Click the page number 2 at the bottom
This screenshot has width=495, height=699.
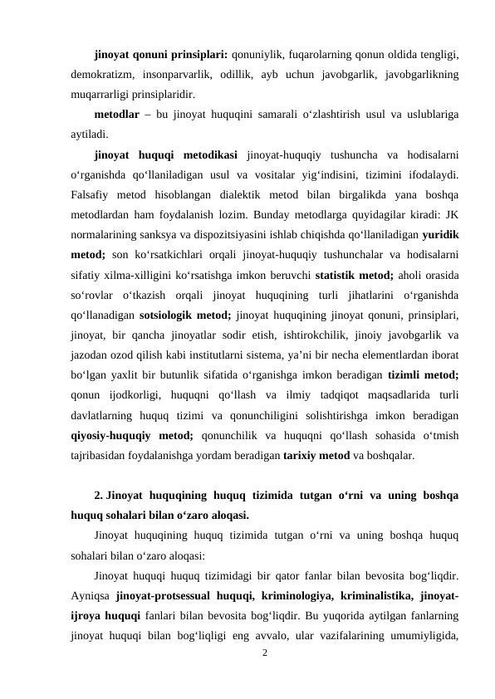pyautogui.click(x=264, y=653)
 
